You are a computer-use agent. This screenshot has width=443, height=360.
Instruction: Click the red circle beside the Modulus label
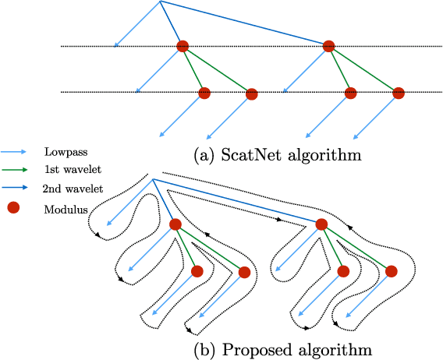pyautogui.click(x=13, y=207)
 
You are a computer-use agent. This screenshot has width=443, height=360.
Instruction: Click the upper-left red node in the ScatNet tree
pyautogui.click(x=183, y=47)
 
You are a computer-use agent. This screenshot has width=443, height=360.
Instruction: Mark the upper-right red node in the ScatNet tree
pyautogui.click(x=328, y=47)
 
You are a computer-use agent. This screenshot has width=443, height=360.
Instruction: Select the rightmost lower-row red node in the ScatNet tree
pyautogui.click(x=398, y=93)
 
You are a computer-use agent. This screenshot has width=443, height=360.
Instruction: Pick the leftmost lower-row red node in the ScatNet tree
pyautogui.click(x=204, y=93)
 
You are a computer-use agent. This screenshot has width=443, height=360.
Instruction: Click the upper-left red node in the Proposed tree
pyautogui.click(x=175, y=225)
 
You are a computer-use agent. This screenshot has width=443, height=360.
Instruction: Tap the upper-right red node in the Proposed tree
pyautogui.click(x=321, y=225)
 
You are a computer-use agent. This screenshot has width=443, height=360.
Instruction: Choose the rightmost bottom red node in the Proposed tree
pyautogui.click(x=391, y=271)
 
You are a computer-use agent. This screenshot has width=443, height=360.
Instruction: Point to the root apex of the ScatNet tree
pyautogui.click(x=160, y=2)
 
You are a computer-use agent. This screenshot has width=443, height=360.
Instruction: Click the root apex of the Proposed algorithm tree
pyautogui.click(x=153, y=181)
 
